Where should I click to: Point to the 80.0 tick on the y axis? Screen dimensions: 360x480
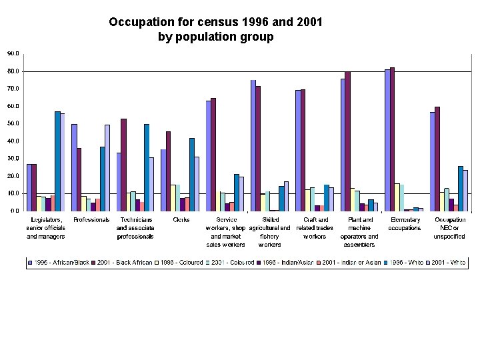pos(12,71)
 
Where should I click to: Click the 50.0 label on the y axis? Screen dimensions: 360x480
pos(12,123)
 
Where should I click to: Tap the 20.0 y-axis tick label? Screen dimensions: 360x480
pos(12,176)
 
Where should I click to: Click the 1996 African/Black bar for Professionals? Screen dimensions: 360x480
pos(74,167)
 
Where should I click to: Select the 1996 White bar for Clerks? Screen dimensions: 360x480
pos(192,175)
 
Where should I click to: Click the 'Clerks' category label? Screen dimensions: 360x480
pos(181,219)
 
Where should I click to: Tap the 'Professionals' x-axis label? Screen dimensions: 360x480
pos(91,219)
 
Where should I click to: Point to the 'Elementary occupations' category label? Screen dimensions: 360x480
pos(404,223)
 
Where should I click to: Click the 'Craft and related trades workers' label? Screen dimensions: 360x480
pos(315,227)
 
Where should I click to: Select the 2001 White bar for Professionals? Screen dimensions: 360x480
pos(107,168)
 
